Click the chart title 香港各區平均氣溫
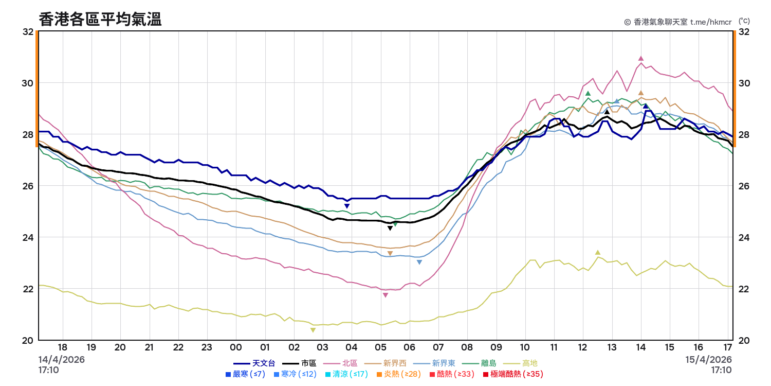click(100, 20)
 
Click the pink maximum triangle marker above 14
click(641, 59)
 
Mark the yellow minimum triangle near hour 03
click(313, 330)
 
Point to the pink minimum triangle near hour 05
click(385, 295)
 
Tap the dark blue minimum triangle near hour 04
click(347, 206)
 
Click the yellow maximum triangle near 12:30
click(598, 252)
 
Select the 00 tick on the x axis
click(236, 347)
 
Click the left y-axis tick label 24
click(28, 237)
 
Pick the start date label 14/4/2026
click(62, 359)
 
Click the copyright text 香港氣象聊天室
click(660, 22)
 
